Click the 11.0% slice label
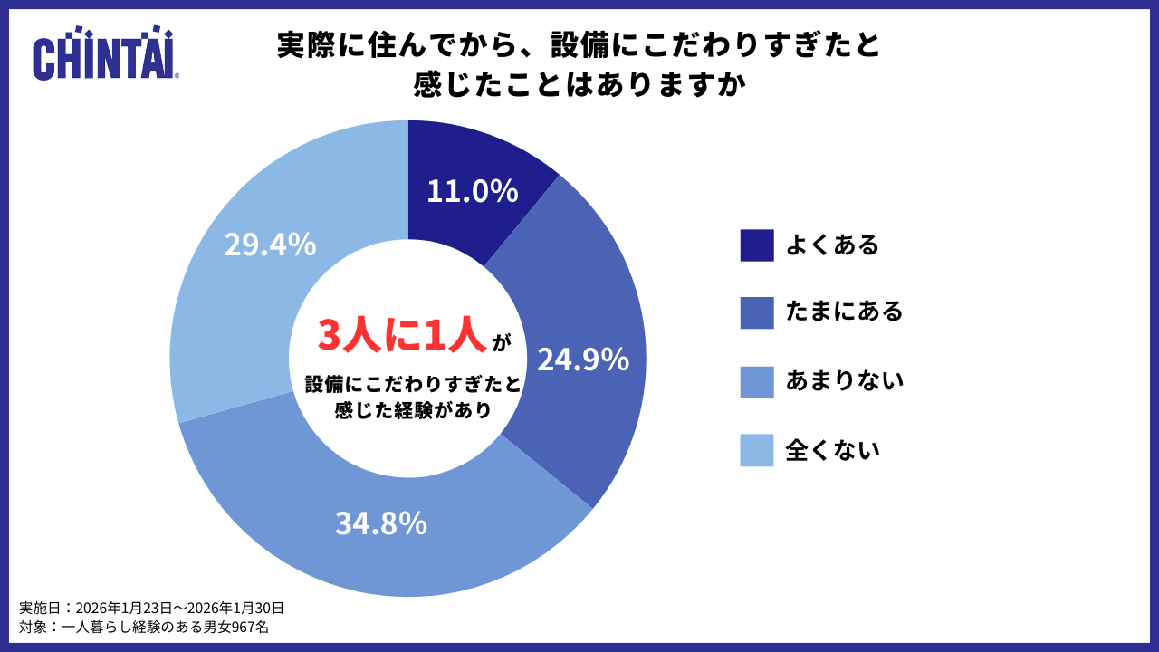pos(472,191)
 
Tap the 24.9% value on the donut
pos(583,360)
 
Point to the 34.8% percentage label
pos(380,523)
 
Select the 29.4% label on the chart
pos(270,244)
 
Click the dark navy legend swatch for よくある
pos(757,245)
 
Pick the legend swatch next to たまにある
pos(757,313)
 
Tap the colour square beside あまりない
pos(757,382)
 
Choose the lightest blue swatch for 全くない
pos(757,450)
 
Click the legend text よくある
pos(832,245)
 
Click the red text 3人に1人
pos(402,335)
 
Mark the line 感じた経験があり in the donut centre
pos(413,410)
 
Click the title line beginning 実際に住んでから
pos(579,45)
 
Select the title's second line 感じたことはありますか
pos(579,86)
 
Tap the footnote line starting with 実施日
pos(152,608)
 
